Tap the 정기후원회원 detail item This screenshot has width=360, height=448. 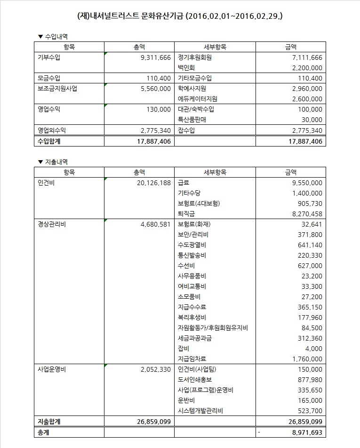pos(195,57)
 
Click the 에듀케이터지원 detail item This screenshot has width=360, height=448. pos(198,99)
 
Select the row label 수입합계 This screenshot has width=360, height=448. pos(50,141)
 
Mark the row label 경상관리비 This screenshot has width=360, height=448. pos(51,224)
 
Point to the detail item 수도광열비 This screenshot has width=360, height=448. pos(192,245)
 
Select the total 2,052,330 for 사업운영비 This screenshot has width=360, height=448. pos(155,369)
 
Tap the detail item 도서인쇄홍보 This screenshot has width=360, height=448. pos(195,380)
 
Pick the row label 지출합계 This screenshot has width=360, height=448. pos(50,421)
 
